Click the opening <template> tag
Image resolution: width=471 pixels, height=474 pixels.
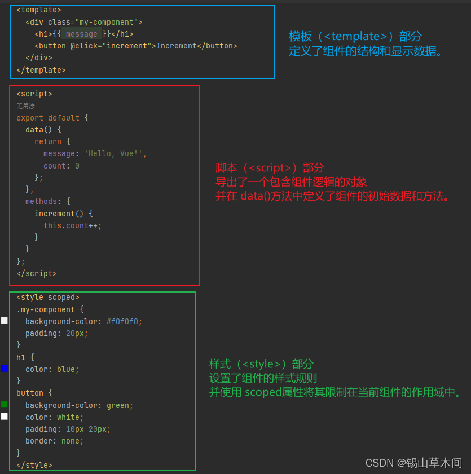(x=39, y=10)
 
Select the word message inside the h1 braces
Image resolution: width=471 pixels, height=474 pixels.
(x=82, y=34)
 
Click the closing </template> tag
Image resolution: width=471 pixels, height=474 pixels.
(x=41, y=70)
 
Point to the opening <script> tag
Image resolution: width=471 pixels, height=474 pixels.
(x=34, y=94)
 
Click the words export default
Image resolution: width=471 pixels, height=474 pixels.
(x=48, y=118)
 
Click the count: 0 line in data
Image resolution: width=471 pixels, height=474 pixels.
(x=61, y=166)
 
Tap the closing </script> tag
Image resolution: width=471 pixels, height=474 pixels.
(x=37, y=273)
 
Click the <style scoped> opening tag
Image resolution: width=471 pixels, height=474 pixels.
(x=48, y=298)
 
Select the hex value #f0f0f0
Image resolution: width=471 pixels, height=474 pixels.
(x=124, y=321)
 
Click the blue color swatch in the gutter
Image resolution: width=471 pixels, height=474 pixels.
(x=4, y=368)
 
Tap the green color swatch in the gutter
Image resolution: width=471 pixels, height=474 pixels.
(x=4, y=404)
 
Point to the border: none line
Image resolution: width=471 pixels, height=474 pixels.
(x=54, y=441)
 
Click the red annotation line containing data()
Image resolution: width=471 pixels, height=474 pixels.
(x=333, y=196)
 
